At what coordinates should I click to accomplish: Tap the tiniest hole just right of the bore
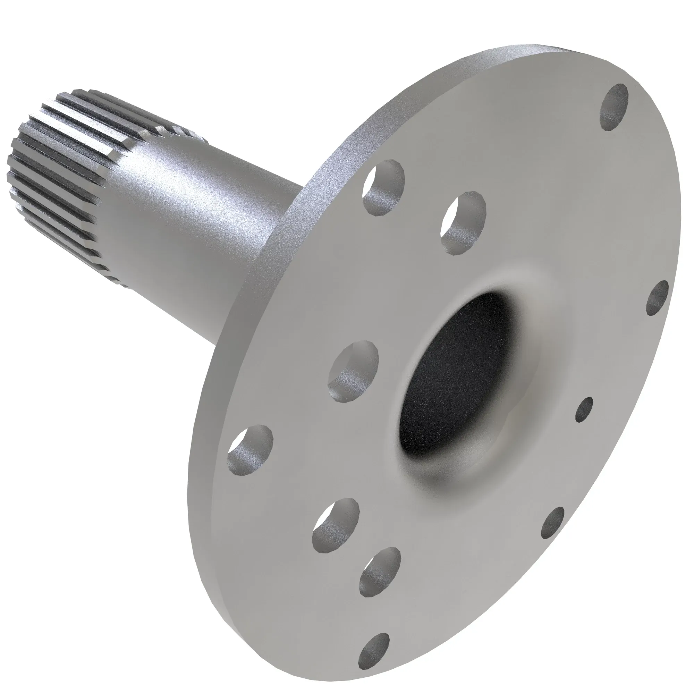tap(584, 409)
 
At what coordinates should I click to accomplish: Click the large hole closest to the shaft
tap(384, 187)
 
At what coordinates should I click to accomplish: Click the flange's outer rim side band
tap(230, 359)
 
